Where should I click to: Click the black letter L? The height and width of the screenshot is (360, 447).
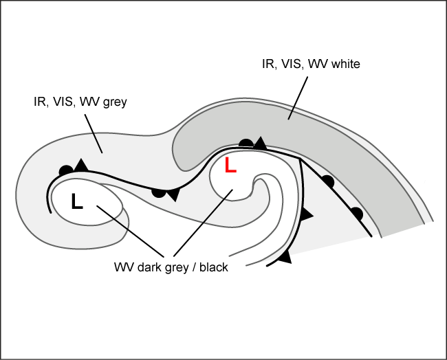(x=77, y=201)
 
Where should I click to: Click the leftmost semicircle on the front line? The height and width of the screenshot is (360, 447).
(x=66, y=170)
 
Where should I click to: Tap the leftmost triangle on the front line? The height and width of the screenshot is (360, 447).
(x=80, y=165)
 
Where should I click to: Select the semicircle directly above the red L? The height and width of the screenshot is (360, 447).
(x=246, y=143)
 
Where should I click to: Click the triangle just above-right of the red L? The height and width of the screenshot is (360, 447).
(x=260, y=144)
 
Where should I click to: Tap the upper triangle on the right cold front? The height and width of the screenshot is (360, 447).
(x=307, y=215)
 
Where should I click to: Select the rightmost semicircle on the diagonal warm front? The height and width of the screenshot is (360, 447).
(x=356, y=213)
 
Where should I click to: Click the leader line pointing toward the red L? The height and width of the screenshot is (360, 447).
(x=204, y=223)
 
